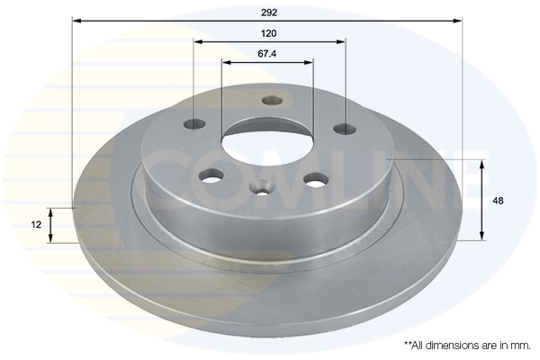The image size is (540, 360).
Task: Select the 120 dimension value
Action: coord(267,33)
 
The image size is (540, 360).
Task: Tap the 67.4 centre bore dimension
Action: coord(266,54)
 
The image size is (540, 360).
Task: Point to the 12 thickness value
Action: coord(35,224)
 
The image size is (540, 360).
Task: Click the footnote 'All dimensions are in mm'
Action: coord(465,345)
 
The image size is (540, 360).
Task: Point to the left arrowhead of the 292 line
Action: coord(76,19)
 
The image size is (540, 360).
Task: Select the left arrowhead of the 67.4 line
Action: coord(225,62)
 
